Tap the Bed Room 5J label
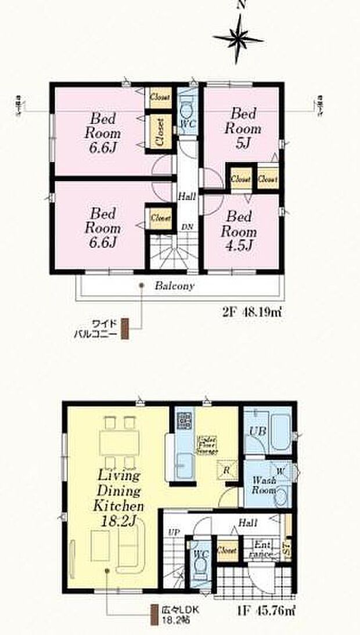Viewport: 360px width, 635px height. pyautogui.click(x=243, y=128)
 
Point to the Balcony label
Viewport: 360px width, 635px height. pyautogui.click(x=174, y=286)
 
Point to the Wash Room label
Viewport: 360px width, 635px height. pyautogui.click(x=263, y=485)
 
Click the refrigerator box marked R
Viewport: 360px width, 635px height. pyautogui.click(x=227, y=470)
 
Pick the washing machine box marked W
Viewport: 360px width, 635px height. pyautogui.click(x=280, y=471)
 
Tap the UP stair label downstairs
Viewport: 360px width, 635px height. pyautogui.click(x=172, y=531)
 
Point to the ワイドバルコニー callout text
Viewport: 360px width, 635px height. pyautogui.click(x=105, y=328)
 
